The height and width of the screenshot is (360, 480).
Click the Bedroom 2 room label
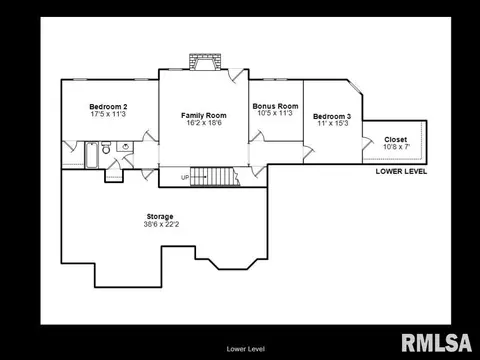[x=108, y=107]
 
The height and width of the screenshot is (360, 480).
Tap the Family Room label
[x=204, y=115]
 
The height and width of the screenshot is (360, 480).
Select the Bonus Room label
[x=275, y=106]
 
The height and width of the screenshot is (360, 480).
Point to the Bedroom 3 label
[x=332, y=116]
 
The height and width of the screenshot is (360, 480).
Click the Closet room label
[x=396, y=140]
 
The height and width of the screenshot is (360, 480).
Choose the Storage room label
[x=160, y=217]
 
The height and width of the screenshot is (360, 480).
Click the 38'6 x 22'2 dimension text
[x=161, y=224]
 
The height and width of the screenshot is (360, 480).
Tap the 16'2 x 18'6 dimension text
[x=204, y=123]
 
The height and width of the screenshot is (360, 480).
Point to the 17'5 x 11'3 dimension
[x=108, y=114]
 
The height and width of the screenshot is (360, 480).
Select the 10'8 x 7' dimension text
[x=396, y=147]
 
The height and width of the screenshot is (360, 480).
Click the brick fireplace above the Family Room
[x=205, y=62]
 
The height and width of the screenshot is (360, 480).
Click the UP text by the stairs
[x=185, y=177]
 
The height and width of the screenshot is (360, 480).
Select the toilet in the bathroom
[x=106, y=148]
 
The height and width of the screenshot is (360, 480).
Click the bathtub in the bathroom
[x=91, y=155]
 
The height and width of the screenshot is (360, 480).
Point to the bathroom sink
[x=126, y=146]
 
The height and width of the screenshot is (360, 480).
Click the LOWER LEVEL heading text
[x=401, y=171]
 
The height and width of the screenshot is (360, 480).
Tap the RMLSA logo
[x=437, y=343]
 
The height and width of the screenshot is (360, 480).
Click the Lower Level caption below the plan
[x=246, y=349]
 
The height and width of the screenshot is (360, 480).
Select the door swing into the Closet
[x=368, y=143]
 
